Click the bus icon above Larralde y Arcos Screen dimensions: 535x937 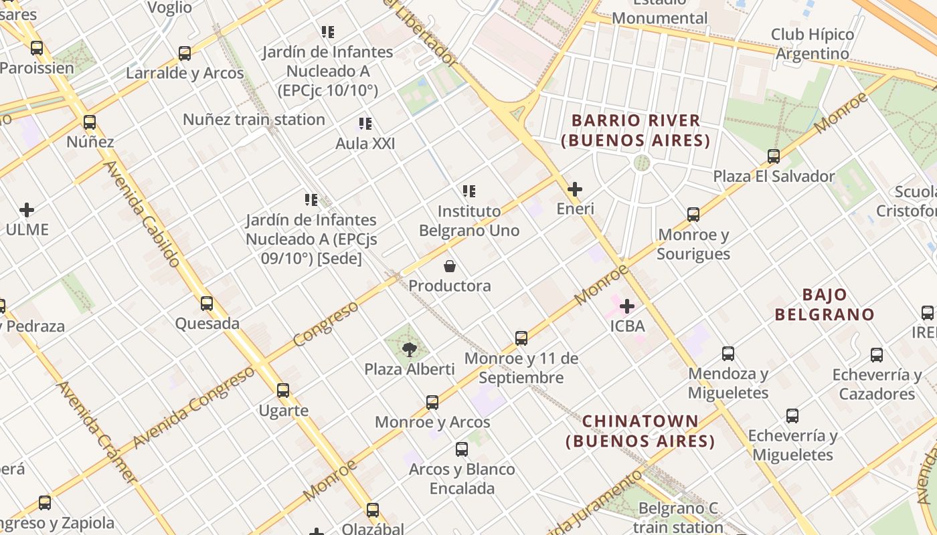point(184,53)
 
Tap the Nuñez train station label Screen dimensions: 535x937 point(254,120)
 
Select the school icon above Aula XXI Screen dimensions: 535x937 point(365,124)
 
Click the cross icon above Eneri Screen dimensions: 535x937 point(574,189)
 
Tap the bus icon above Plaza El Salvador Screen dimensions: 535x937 point(774,156)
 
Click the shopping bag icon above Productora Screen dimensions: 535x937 point(450,267)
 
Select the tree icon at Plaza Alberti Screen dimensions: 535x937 point(409,349)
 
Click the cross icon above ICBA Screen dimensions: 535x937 point(627,307)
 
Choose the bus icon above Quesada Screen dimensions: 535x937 point(207,304)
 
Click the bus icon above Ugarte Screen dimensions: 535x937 point(283,391)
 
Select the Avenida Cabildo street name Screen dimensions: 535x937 point(141,214)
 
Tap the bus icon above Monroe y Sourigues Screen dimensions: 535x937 point(693,215)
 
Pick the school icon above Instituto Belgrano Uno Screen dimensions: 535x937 point(469,191)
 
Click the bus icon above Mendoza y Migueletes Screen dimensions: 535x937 point(728,354)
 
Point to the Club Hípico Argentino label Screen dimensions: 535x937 point(813,43)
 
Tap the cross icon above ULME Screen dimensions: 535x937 point(27,210)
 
